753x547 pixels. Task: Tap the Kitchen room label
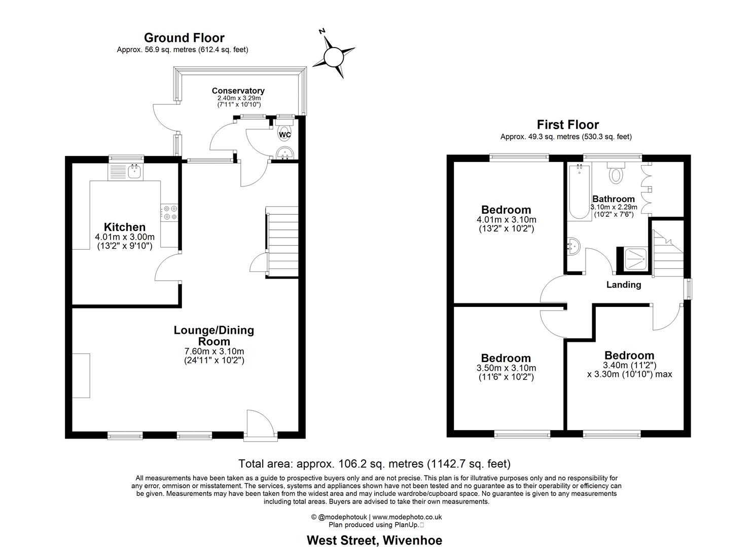click(125, 227)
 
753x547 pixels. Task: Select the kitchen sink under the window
click(135, 172)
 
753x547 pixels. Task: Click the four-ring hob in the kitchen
click(169, 212)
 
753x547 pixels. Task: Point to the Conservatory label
click(238, 91)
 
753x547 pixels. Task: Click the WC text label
click(285, 135)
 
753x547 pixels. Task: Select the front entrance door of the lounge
click(261, 423)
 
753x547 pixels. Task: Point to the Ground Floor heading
click(184, 38)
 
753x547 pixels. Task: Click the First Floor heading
click(567, 125)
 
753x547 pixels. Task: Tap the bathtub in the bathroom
click(579, 192)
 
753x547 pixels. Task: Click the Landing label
click(623, 285)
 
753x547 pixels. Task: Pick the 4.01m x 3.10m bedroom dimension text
click(506, 220)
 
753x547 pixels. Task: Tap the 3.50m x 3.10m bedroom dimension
click(506, 368)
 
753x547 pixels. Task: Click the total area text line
click(374, 463)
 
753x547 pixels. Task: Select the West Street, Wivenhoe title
click(374, 540)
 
